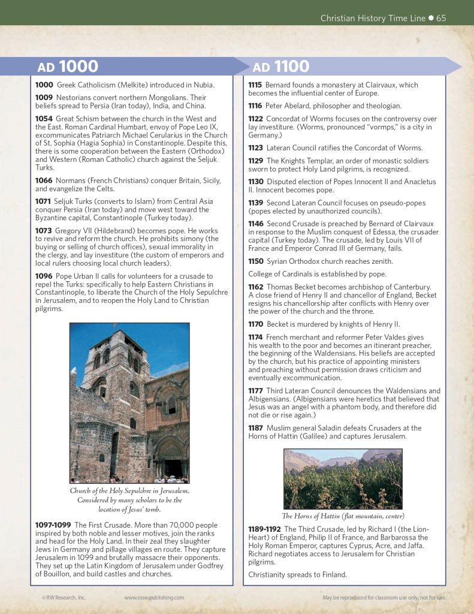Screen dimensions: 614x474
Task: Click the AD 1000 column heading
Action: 68,67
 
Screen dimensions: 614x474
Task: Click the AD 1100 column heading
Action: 280,67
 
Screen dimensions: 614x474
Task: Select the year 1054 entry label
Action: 44,119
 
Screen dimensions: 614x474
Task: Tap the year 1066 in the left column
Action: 44,180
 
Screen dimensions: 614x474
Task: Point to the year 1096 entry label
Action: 44,275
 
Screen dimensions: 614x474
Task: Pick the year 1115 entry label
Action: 256,85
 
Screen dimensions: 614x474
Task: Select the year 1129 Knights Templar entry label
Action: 256,161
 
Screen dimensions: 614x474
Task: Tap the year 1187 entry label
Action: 256,428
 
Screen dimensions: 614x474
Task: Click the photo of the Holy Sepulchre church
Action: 129,402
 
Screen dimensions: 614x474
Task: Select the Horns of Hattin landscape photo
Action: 342,479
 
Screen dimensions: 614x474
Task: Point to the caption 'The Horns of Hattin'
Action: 342,516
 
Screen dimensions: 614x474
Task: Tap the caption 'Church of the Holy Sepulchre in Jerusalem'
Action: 129,490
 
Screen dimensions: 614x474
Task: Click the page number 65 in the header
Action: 441,18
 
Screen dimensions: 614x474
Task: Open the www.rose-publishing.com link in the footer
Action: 154,597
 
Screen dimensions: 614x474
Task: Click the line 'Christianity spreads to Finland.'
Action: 298,574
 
